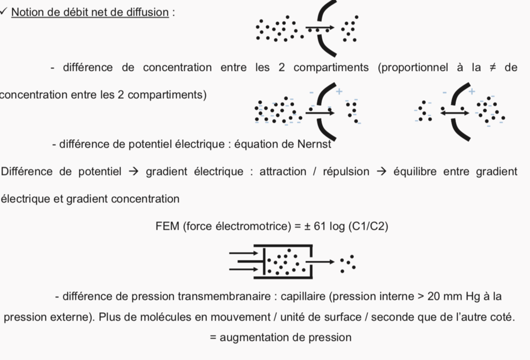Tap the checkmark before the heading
tap(3, 12)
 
